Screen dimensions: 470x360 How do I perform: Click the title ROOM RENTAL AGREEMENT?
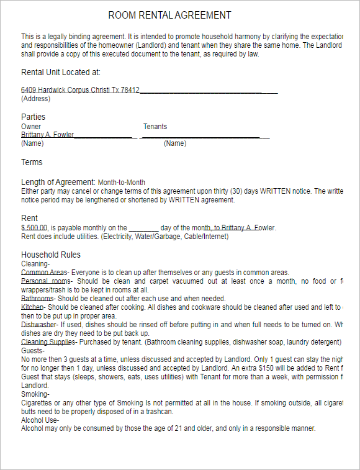(x=169, y=15)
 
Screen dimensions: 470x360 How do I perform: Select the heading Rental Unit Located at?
(x=61, y=72)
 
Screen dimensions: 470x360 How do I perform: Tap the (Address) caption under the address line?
(x=35, y=99)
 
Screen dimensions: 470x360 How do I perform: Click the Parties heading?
(x=33, y=117)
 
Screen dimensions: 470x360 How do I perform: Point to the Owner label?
(x=31, y=127)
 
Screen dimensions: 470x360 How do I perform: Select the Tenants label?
(x=155, y=127)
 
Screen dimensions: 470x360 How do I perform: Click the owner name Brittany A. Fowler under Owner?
(x=47, y=135)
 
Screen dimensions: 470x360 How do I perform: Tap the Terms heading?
(x=32, y=162)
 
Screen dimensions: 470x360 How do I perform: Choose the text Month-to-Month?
(x=121, y=183)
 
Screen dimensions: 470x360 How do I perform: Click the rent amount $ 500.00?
(x=34, y=228)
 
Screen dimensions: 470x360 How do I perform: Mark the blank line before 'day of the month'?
(x=144, y=228)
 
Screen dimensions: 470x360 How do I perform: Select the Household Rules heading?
(x=51, y=255)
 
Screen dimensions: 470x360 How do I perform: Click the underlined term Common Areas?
(x=43, y=273)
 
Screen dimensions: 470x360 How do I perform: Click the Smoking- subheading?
(x=35, y=394)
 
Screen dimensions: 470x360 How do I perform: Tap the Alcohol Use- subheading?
(x=40, y=420)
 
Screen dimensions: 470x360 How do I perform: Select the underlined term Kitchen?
(x=32, y=307)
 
